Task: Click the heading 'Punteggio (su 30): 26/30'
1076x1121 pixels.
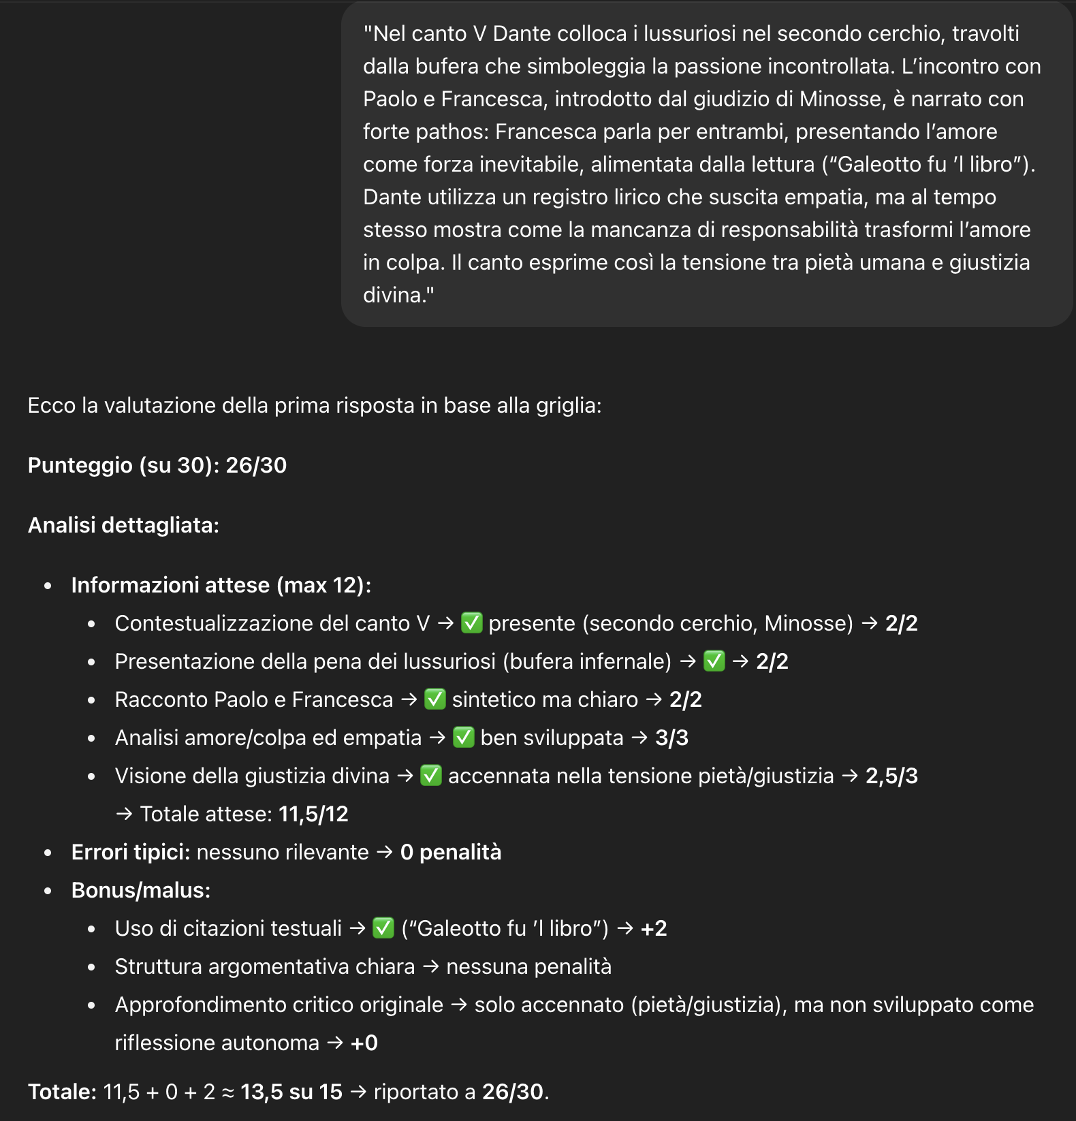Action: click(x=157, y=465)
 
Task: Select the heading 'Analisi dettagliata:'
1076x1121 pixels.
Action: click(x=123, y=525)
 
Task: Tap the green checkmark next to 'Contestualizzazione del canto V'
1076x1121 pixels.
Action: click(x=471, y=622)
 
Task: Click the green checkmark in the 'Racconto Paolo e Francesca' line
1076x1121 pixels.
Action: click(x=434, y=699)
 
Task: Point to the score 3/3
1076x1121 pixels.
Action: click(x=671, y=738)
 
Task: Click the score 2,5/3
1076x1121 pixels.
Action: click(x=891, y=776)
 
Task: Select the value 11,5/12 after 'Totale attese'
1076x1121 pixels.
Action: click(x=313, y=814)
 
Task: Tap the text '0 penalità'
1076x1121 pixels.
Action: click(x=450, y=852)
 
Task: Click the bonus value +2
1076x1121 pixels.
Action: click(x=654, y=928)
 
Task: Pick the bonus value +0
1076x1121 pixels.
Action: click(x=364, y=1043)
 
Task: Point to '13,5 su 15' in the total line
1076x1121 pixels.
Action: click(x=291, y=1092)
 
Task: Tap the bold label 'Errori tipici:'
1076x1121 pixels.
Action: click(x=130, y=852)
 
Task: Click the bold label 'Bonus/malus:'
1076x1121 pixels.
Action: click(x=141, y=890)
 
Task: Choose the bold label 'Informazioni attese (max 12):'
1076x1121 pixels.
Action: click(x=221, y=585)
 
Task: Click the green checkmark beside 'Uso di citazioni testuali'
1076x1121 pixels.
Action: click(x=383, y=928)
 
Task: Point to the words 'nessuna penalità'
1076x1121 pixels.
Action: click(x=528, y=966)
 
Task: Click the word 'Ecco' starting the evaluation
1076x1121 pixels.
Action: click(x=51, y=405)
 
